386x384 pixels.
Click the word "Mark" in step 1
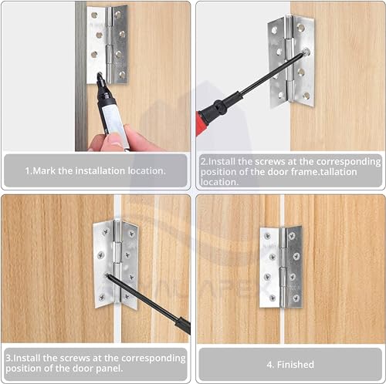(44, 170)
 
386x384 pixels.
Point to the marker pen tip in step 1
(100, 75)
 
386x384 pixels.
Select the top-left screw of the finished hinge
(267, 236)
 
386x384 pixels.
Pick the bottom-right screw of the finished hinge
(296, 298)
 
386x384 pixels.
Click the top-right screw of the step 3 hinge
(132, 234)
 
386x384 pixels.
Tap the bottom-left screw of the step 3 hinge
(102, 298)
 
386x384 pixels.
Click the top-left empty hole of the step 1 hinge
(94, 15)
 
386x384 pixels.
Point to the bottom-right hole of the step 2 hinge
(306, 96)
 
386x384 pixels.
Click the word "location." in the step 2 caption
(220, 182)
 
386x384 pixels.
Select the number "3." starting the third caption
(9, 358)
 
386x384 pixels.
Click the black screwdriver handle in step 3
(183, 325)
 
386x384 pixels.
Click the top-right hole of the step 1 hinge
(118, 15)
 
